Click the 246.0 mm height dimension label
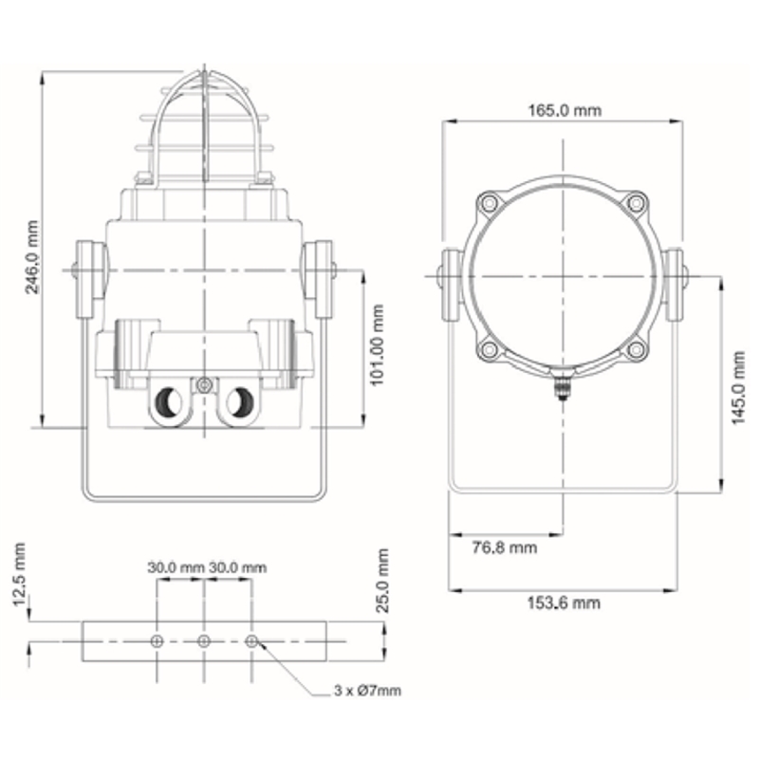coord(32,257)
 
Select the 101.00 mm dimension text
coord(377,345)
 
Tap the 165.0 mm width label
coord(565,110)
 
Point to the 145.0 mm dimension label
coord(738,388)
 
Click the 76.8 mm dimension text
coord(505,547)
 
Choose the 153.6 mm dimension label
coord(564,603)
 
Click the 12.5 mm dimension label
coord(19,575)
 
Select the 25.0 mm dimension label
coord(382,581)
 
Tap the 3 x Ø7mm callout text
coord(367,691)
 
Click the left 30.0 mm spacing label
coord(176,567)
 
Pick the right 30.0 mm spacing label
coord(238,567)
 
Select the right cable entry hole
coord(240,401)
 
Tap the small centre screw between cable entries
coord(204,386)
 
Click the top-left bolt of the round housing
coord(490,202)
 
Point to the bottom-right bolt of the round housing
coord(636,349)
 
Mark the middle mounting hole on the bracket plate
coord(204,641)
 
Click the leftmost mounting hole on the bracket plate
coord(157,641)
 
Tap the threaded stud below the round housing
coord(562,386)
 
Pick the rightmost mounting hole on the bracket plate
coord(251,641)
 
